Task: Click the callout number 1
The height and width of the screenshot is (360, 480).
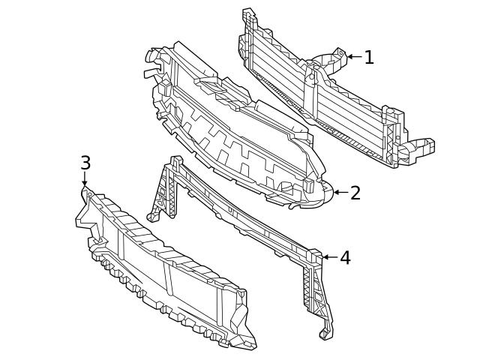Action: tap(368, 57)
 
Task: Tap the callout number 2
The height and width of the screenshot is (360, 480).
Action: tap(355, 193)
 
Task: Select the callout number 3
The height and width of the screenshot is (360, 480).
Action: tap(85, 163)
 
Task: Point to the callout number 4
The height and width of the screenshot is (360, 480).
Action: tap(345, 258)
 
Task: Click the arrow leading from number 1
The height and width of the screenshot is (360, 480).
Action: tap(353, 57)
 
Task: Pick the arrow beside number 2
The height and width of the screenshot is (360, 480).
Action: tap(340, 193)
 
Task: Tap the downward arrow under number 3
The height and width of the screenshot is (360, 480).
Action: tap(85, 180)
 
